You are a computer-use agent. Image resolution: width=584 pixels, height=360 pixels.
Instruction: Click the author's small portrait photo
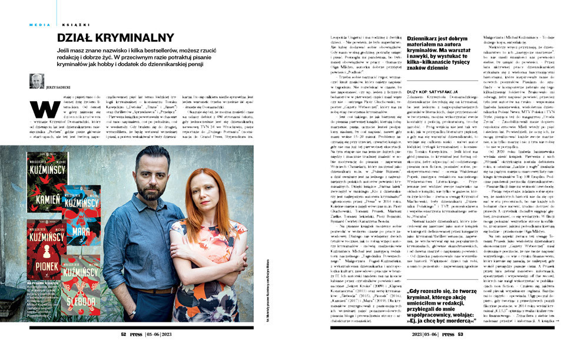tap(36, 81)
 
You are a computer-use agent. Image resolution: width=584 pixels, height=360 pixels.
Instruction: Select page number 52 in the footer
tap(124, 333)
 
